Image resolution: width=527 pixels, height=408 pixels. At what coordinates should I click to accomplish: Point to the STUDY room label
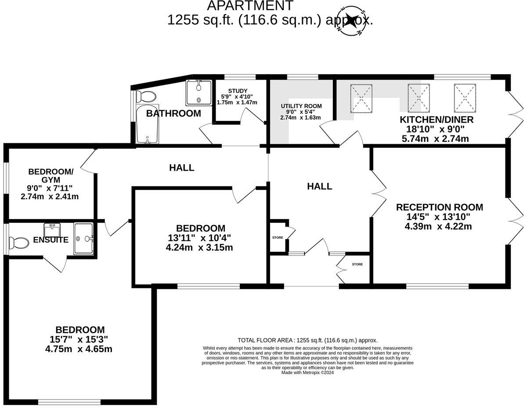click(237, 91)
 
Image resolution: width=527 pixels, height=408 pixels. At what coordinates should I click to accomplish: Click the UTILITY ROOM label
click(301, 106)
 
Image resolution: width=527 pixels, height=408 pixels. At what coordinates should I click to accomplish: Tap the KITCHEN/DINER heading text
click(436, 120)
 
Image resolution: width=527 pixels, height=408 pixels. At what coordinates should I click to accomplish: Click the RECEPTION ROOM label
click(439, 207)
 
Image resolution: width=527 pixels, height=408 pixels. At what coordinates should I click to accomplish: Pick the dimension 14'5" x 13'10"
click(439, 217)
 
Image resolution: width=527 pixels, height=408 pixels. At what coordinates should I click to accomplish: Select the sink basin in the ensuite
click(52, 229)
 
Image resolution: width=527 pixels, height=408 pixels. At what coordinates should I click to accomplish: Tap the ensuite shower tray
click(83, 238)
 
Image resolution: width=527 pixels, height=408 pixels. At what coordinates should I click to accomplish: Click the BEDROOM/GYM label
click(51, 175)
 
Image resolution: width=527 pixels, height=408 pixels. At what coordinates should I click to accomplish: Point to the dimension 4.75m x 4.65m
click(79, 349)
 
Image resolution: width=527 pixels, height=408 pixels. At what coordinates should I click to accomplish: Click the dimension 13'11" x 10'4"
click(200, 238)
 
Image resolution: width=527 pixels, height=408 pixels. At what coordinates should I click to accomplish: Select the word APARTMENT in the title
click(250, 6)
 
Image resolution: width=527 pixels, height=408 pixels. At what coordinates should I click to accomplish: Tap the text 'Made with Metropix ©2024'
click(307, 372)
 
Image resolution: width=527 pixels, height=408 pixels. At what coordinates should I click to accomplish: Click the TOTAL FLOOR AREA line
click(307, 340)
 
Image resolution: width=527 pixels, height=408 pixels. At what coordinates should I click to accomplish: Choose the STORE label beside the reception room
click(357, 264)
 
